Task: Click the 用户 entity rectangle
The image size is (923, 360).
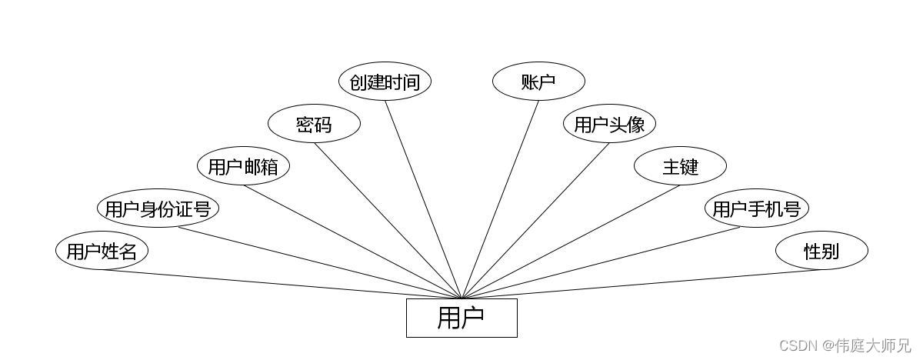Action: (x=461, y=318)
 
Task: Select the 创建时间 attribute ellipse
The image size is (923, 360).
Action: (x=385, y=82)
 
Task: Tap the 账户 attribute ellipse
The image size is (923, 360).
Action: (x=538, y=82)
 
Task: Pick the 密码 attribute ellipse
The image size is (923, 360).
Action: (x=314, y=124)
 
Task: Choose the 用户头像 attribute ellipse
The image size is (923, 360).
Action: (x=609, y=124)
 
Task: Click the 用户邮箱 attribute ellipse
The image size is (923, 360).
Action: (x=243, y=166)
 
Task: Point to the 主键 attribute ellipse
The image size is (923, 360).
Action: (x=680, y=166)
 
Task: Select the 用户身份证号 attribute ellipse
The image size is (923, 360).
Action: (x=158, y=208)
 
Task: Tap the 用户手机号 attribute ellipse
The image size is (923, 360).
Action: (x=757, y=208)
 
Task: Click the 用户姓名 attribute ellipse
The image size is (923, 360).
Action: (x=102, y=251)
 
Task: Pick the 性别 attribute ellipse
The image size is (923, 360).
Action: (x=821, y=251)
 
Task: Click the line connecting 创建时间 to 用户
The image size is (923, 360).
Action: (x=423, y=199)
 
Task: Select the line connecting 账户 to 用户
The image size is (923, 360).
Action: (x=500, y=199)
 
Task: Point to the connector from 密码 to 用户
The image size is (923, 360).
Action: (x=388, y=221)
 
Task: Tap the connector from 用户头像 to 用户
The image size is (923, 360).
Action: (x=535, y=221)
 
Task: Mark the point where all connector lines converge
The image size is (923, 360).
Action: (x=461, y=298)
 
